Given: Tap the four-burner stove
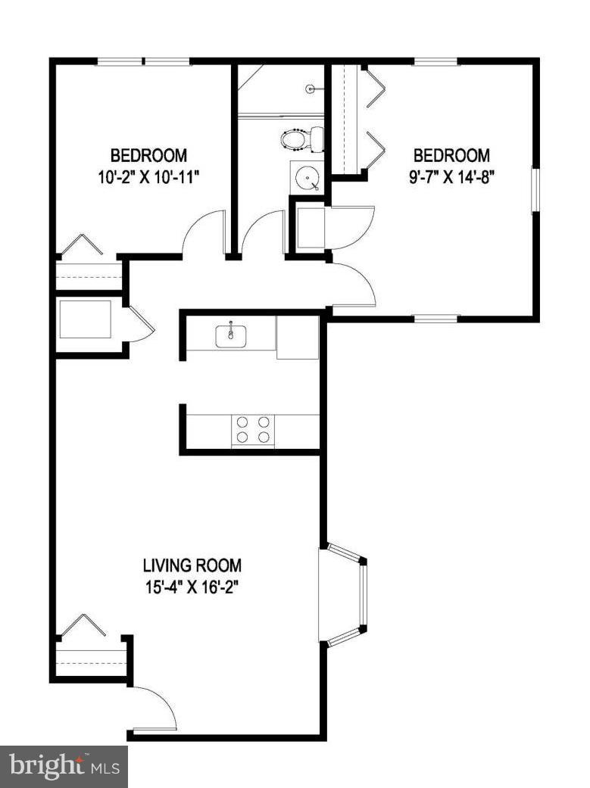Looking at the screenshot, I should click(x=253, y=430).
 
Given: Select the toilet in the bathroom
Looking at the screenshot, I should click(x=298, y=139).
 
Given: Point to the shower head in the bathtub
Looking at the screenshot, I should click(x=311, y=89).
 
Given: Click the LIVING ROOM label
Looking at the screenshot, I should click(x=192, y=565).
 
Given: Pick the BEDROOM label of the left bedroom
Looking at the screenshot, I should click(x=148, y=157).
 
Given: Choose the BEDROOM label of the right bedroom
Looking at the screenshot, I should click(x=451, y=156).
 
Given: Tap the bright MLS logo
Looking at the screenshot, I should click(x=64, y=766).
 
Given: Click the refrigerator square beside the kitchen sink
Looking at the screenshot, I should click(x=298, y=337).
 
